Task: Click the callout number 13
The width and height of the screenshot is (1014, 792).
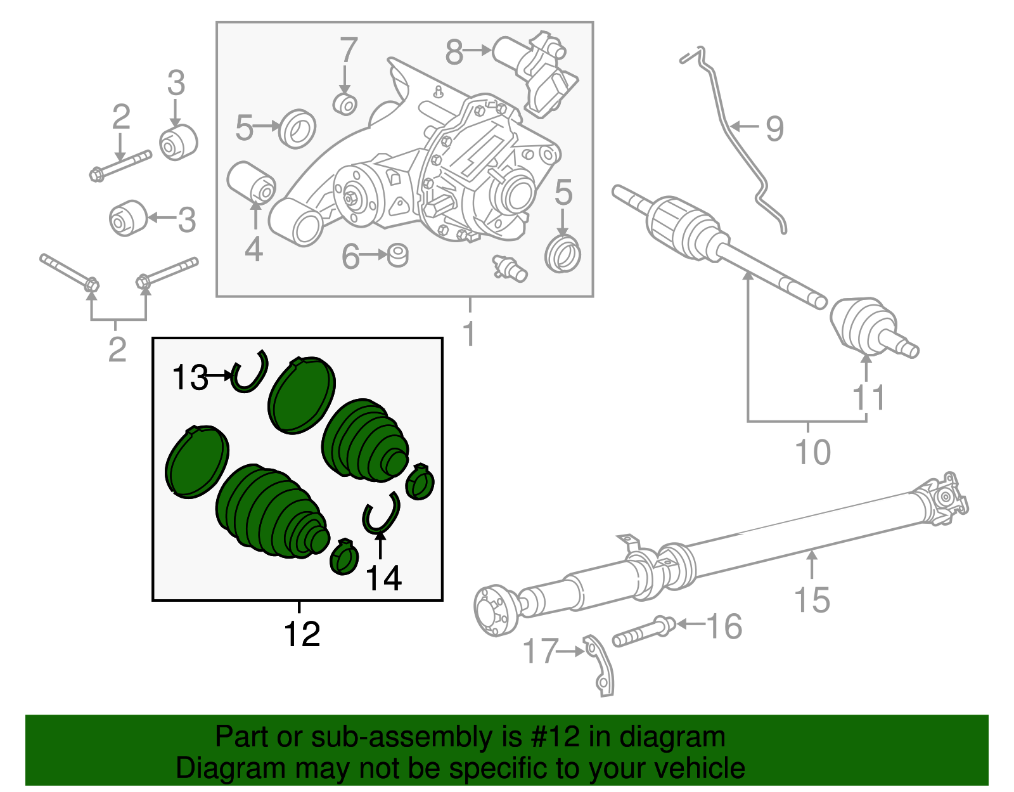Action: point(189,378)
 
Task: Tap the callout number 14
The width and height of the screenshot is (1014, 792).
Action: point(384,578)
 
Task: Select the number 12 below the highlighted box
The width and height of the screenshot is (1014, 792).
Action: point(302,634)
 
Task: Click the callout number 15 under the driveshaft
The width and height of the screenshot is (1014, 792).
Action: point(812,600)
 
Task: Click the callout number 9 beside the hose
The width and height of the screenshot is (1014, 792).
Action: point(774,129)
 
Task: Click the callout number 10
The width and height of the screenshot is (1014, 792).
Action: point(812,453)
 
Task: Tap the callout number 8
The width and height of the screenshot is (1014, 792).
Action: point(454,52)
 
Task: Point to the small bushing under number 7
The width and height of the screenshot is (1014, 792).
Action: point(345,104)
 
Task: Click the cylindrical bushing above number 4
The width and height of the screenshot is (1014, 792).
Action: point(251,181)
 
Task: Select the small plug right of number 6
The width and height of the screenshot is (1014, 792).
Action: point(397,255)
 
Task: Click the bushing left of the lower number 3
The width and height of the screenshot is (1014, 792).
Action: point(128,217)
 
